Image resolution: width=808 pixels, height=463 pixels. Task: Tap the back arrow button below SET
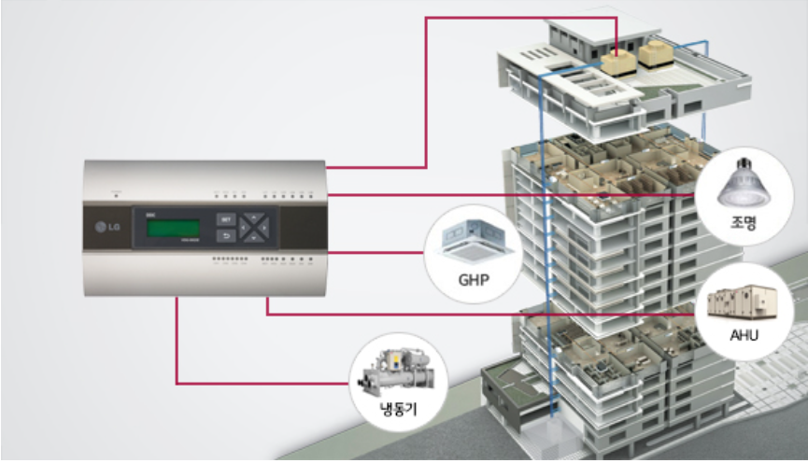coord(224,236)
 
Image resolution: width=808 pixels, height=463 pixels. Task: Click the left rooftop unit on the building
coord(616,62)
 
